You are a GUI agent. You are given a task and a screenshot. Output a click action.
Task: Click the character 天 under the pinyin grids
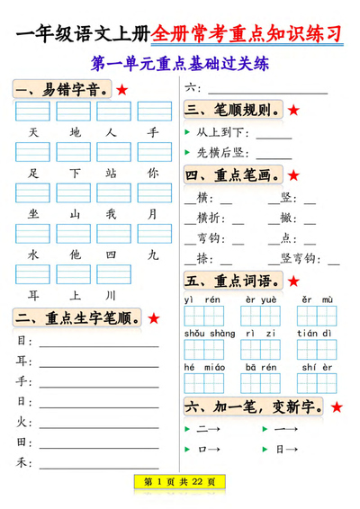[x=33, y=133]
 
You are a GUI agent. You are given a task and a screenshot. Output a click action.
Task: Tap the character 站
[x=112, y=173]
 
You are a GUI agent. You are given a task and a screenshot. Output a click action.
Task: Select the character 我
[x=112, y=214]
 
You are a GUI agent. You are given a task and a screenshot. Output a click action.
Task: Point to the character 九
[x=153, y=254]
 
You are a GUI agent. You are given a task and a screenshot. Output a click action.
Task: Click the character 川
[x=112, y=295]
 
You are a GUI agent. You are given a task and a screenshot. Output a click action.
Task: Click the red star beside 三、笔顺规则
[x=293, y=112]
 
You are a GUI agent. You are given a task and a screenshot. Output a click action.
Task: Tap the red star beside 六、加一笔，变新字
[x=336, y=407]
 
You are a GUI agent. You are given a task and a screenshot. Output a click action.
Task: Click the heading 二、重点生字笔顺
[x=76, y=318]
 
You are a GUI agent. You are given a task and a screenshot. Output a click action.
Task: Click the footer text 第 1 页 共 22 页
[x=180, y=482]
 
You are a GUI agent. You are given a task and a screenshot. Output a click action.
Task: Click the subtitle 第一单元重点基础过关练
[x=180, y=66]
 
